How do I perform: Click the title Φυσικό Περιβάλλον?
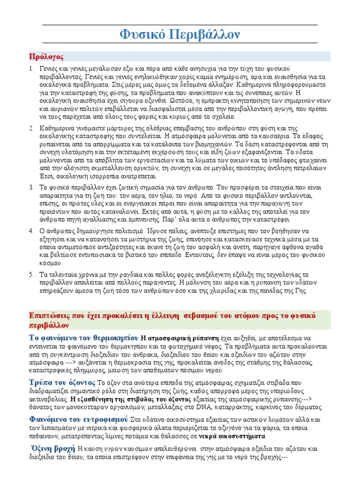(180, 35)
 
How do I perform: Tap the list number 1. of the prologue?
(31, 69)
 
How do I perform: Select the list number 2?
(31, 128)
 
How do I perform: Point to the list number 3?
(31, 187)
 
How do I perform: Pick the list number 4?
(31, 231)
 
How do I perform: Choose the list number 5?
(31, 275)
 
